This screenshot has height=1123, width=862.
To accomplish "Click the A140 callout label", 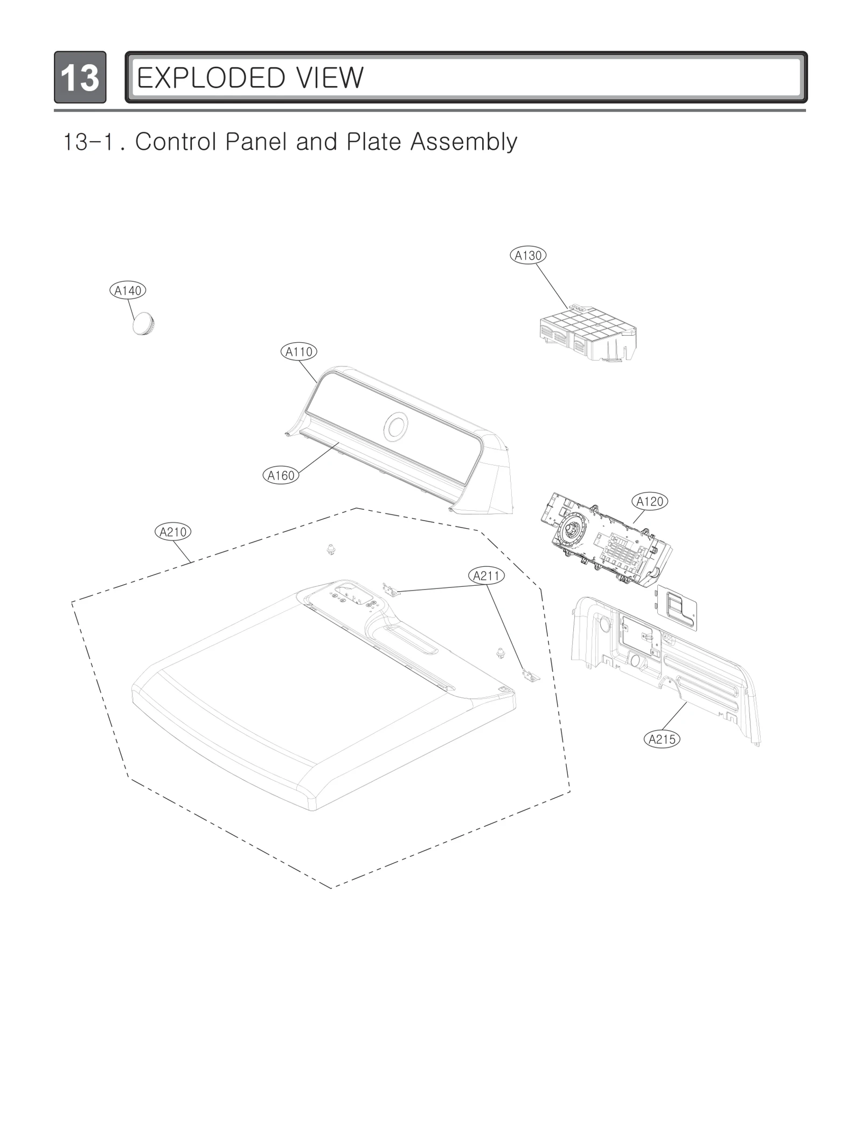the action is [128, 291].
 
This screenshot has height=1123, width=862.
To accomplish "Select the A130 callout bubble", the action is [528, 255].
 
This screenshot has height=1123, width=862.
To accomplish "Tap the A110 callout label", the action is [298, 352].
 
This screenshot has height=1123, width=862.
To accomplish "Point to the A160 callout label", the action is [281, 475].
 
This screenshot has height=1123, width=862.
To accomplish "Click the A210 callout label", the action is [173, 532].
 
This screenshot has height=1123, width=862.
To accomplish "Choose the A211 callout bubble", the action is [486, 576].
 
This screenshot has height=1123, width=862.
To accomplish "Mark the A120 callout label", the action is [650, 502].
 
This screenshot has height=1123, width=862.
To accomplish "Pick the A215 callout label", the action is [662, 739].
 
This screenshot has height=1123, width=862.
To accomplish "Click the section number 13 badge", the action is [80, 78].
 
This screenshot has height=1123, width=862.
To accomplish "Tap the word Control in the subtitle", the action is [176, 142].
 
